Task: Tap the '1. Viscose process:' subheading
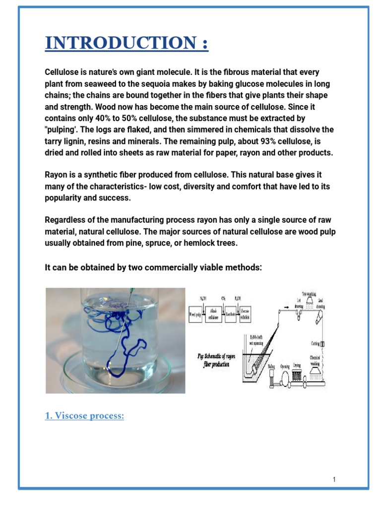(x=84, y=416)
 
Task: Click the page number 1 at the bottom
(x=335, y=479)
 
